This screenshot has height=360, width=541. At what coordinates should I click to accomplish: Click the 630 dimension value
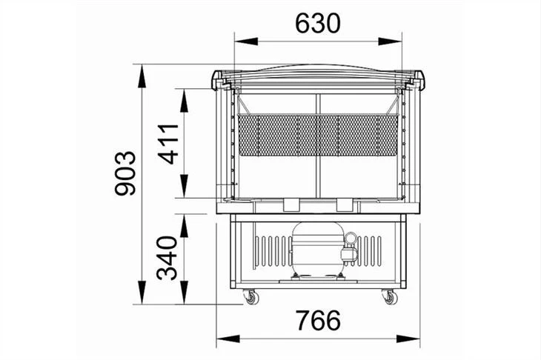(318, 24)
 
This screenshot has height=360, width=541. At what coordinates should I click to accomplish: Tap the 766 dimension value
(319, 320)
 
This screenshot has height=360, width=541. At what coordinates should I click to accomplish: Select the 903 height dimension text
(125, 173)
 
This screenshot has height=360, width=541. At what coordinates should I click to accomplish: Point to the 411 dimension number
(168, 144)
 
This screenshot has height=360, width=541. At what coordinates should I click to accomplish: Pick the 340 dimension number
(167, 258)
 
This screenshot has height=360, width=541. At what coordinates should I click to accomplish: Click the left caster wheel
(252, 298)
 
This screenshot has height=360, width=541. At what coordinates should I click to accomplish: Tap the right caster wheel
(391, 298)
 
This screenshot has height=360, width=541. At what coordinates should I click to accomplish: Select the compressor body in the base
(317, 249)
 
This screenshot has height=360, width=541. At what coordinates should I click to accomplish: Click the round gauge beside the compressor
(351, 239)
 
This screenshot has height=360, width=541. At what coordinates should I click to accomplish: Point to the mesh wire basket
(318, 135)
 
